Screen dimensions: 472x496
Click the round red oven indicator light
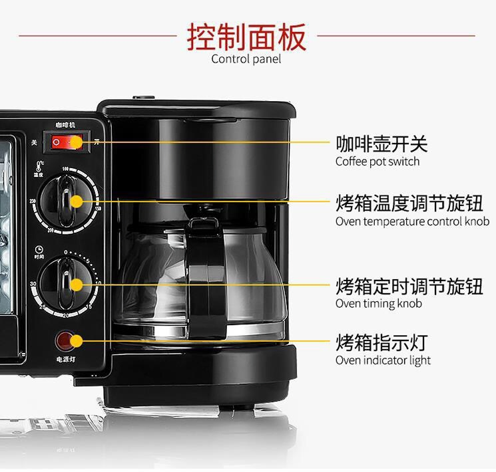click(64, 341)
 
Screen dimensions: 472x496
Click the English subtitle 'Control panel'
click(246, 59)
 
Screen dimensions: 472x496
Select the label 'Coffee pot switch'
click(377, 162)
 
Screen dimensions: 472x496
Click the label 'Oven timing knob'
click(379, 304)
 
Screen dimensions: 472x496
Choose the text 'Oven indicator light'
click(383, 360)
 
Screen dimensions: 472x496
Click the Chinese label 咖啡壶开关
click(381, 144)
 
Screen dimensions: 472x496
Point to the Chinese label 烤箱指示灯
click(381, 343)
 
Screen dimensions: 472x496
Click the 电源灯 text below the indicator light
click(65, 360)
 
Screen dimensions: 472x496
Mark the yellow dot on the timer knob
click(77, 285)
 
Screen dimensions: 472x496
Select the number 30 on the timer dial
click(33, 284)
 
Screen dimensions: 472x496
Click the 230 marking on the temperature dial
click(33, 201)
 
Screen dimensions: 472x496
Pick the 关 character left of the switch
click(34, 142)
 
